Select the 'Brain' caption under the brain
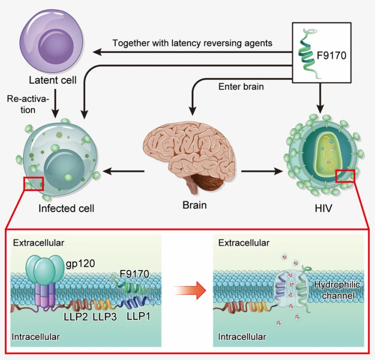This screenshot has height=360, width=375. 194,205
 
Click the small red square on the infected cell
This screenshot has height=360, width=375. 33,183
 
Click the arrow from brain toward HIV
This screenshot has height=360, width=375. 260,170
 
